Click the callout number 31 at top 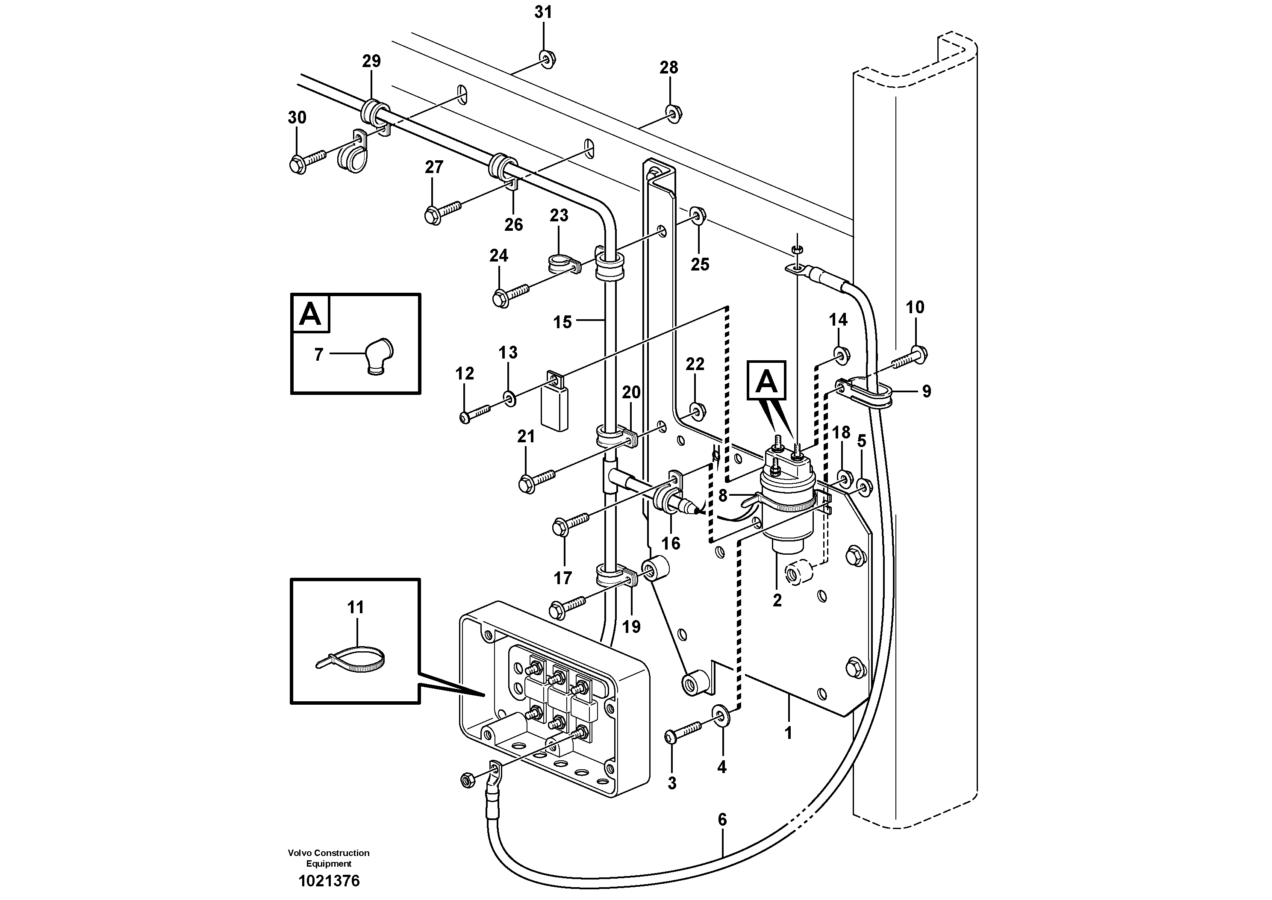click(x=543, y=12)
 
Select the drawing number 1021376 click(x=329, y=881)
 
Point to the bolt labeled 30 click(x=309, y=161)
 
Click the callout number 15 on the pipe click(x=562, y=322)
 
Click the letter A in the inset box click(x=310, y=314)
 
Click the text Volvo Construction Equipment click(x=329, y=858)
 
